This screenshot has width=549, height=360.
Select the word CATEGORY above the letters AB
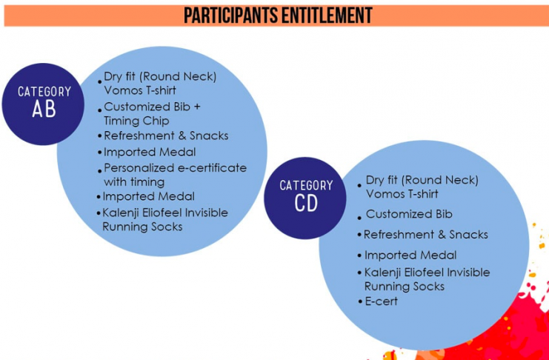(44, 92)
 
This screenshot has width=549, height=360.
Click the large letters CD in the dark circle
(306, 204)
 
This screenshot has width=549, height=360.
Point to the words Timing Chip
(136, 121)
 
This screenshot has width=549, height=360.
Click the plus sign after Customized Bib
(196, 107)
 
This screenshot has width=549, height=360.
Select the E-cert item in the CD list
(382, 301)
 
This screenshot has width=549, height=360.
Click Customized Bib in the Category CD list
(409, 214)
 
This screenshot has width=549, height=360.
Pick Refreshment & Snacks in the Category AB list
(166, 136)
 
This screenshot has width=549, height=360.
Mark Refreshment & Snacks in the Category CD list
(426, 234)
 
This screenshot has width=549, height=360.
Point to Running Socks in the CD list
(405, 287)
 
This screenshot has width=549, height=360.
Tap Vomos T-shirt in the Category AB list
(140, 90)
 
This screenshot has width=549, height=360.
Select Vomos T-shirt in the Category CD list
(402, 193)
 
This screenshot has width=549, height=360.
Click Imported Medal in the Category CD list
(410, 255)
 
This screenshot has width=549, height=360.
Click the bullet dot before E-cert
(359, 302)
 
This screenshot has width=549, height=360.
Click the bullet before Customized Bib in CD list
(359, 219)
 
